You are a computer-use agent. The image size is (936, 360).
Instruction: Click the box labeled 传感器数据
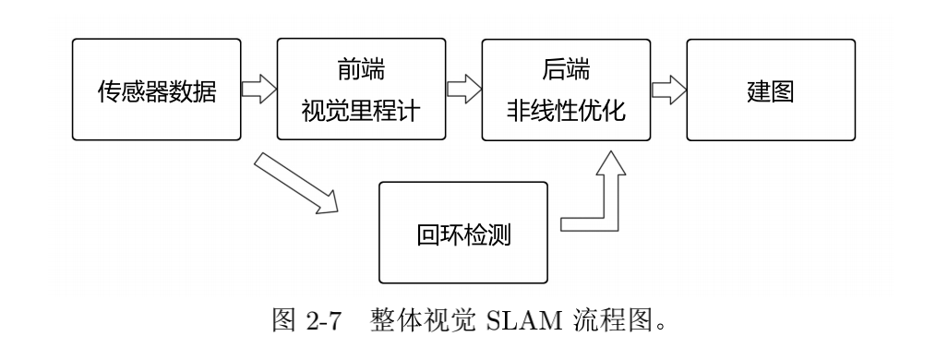tap(156, 90)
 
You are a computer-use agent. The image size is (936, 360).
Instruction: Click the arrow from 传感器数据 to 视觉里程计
tap(258, 90)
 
